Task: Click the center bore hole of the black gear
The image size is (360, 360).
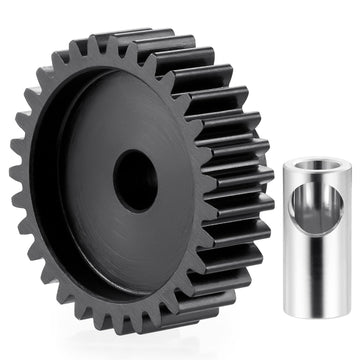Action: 134,180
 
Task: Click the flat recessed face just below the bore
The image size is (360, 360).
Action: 135,245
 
